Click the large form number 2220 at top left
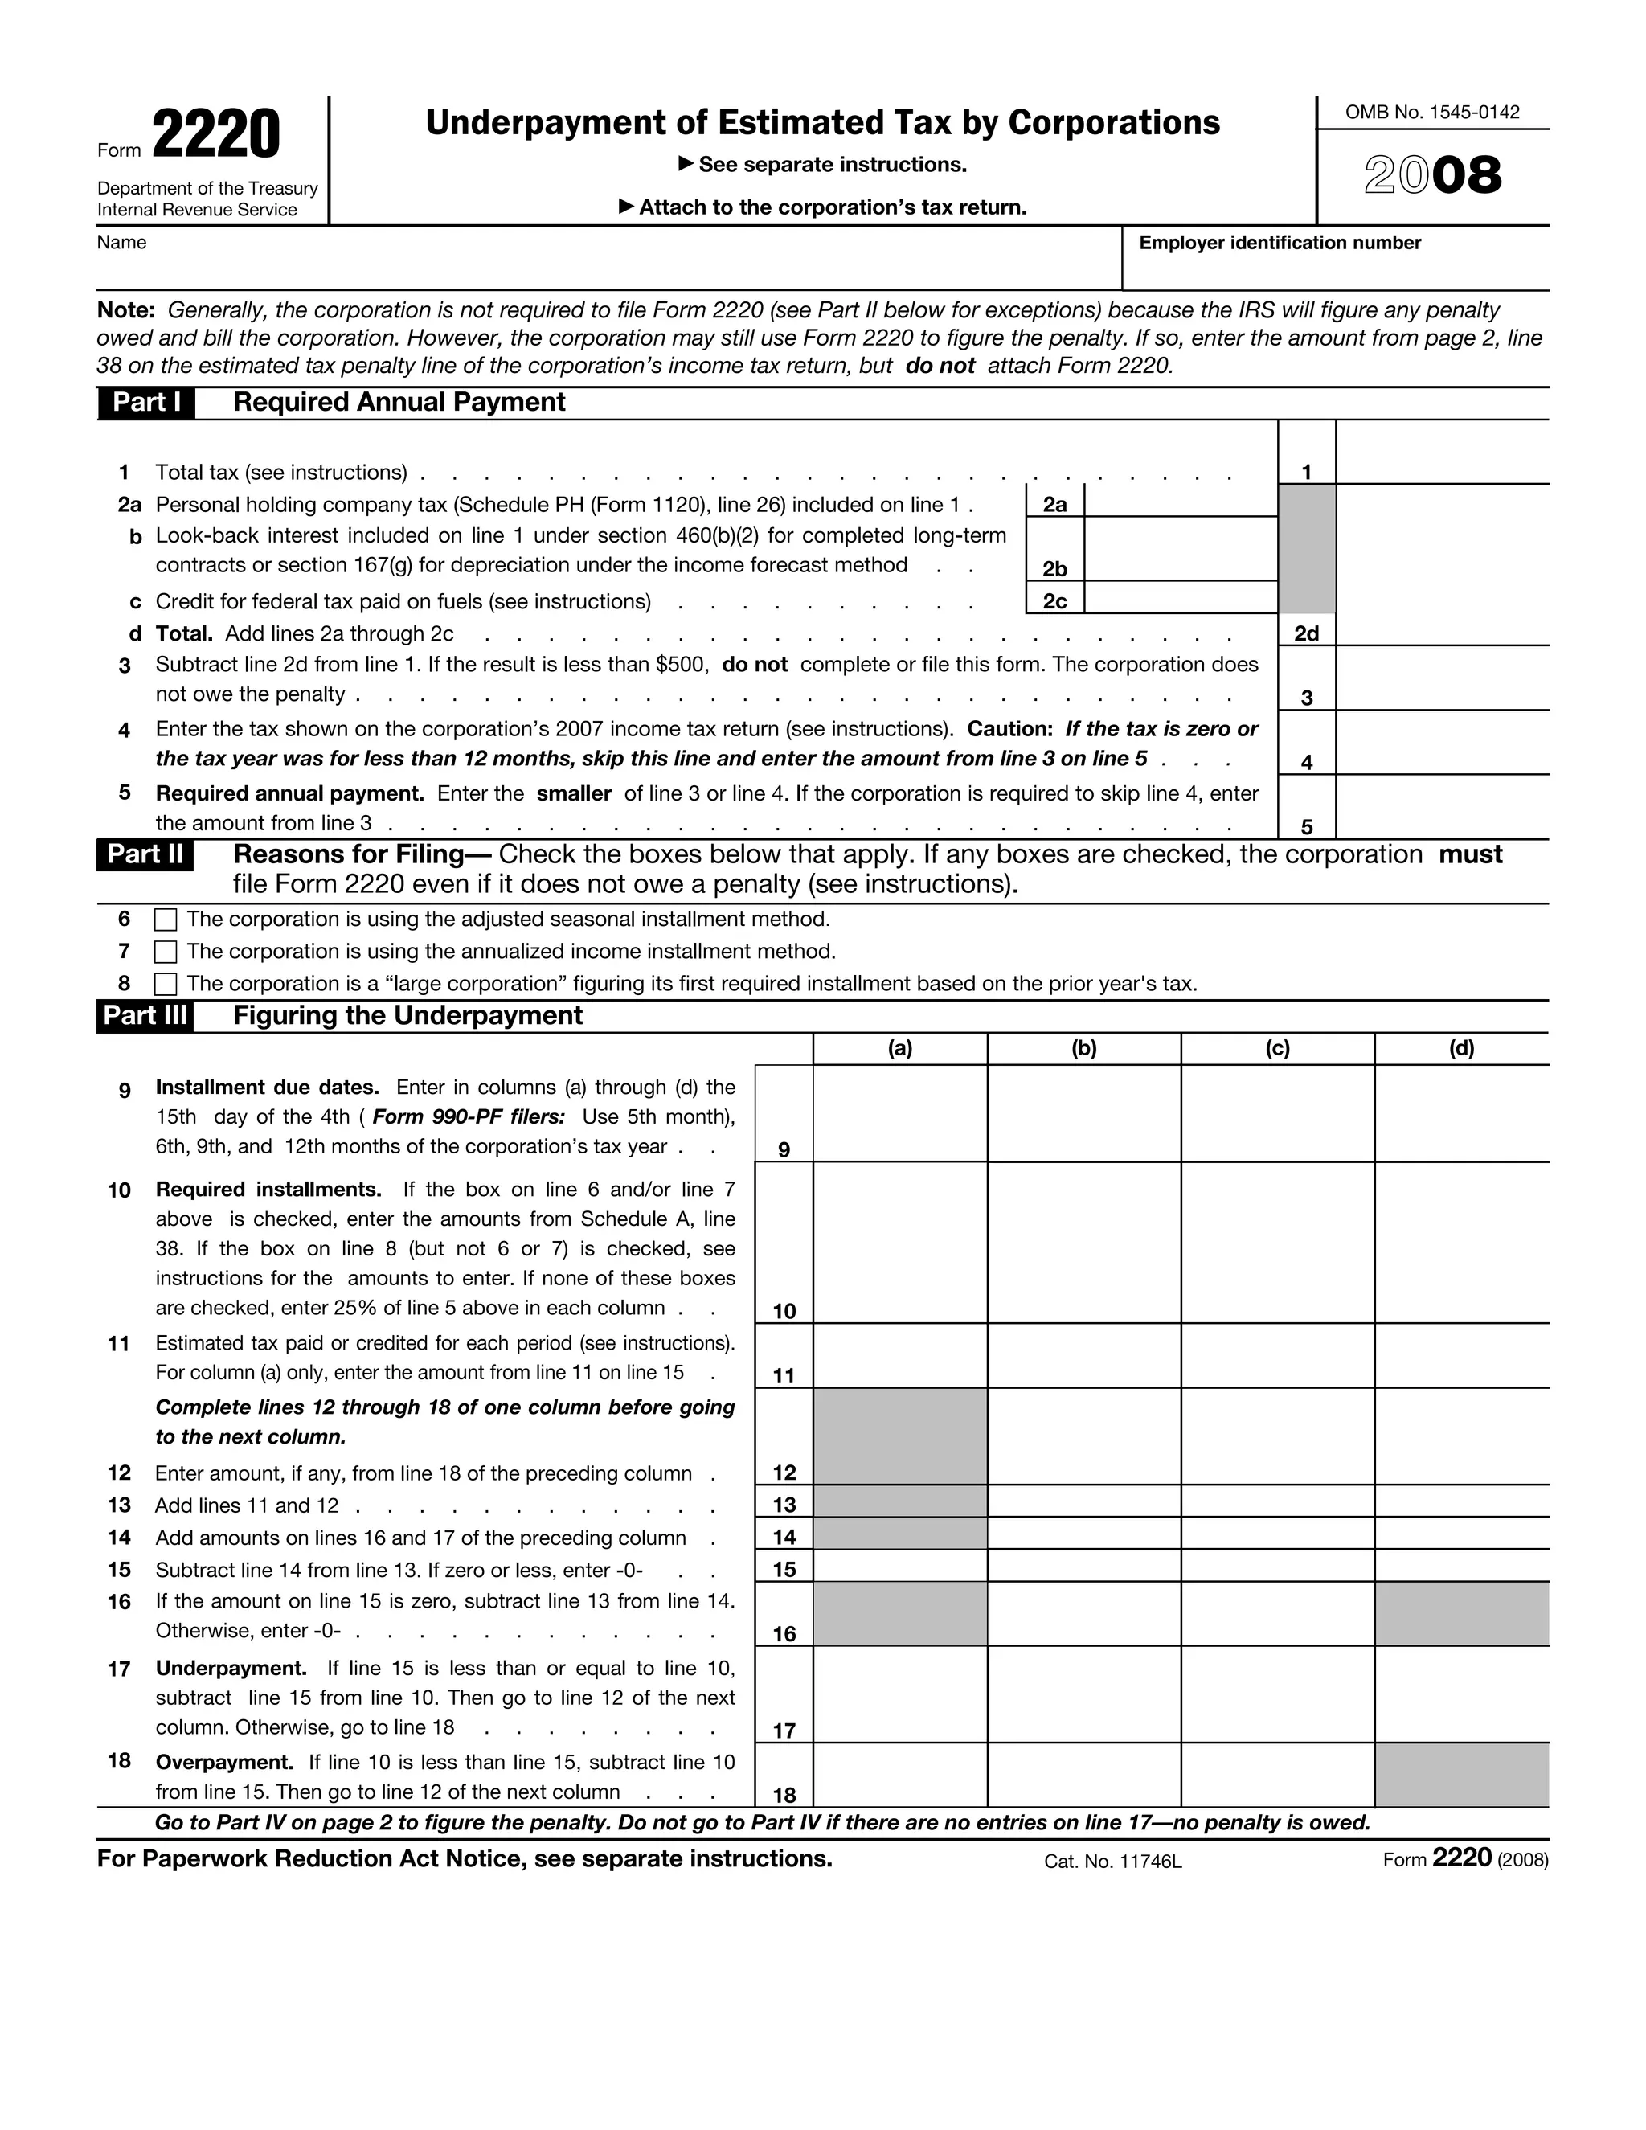(215, 136)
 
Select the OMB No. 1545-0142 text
(1431, 113)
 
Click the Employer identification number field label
(1280, 243)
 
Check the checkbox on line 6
(166, 920)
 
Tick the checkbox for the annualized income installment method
(166, 952)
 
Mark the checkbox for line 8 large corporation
(166, 984)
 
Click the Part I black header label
(146, 403)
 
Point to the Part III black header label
(145, 1016)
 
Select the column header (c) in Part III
(1277, 1048)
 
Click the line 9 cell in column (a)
(899, 1112)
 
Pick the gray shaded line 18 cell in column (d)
(1460, 1774)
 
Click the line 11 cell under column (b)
(1083, 1356)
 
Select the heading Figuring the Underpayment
(407, 1016)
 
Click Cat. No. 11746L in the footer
(1112, 1862)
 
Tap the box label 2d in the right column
(1306, 634)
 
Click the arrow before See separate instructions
(686, 164)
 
